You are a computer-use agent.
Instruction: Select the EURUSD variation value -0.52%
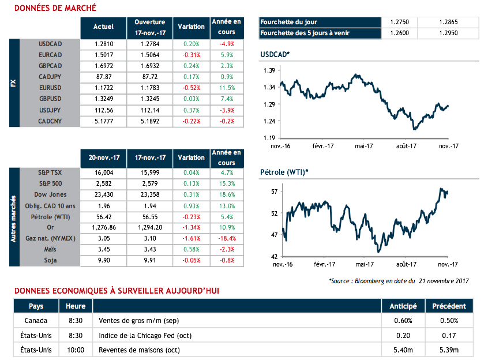point(192,88)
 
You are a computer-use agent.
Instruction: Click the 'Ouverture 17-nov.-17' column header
point(150,26)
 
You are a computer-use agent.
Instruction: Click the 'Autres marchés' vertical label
point(13,216)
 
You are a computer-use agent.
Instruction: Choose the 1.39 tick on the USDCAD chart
point(269,70)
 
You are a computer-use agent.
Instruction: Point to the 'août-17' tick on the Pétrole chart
point(406,264)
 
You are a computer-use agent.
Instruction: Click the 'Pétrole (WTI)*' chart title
point(284,171)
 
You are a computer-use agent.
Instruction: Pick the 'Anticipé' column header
point(403,306)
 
